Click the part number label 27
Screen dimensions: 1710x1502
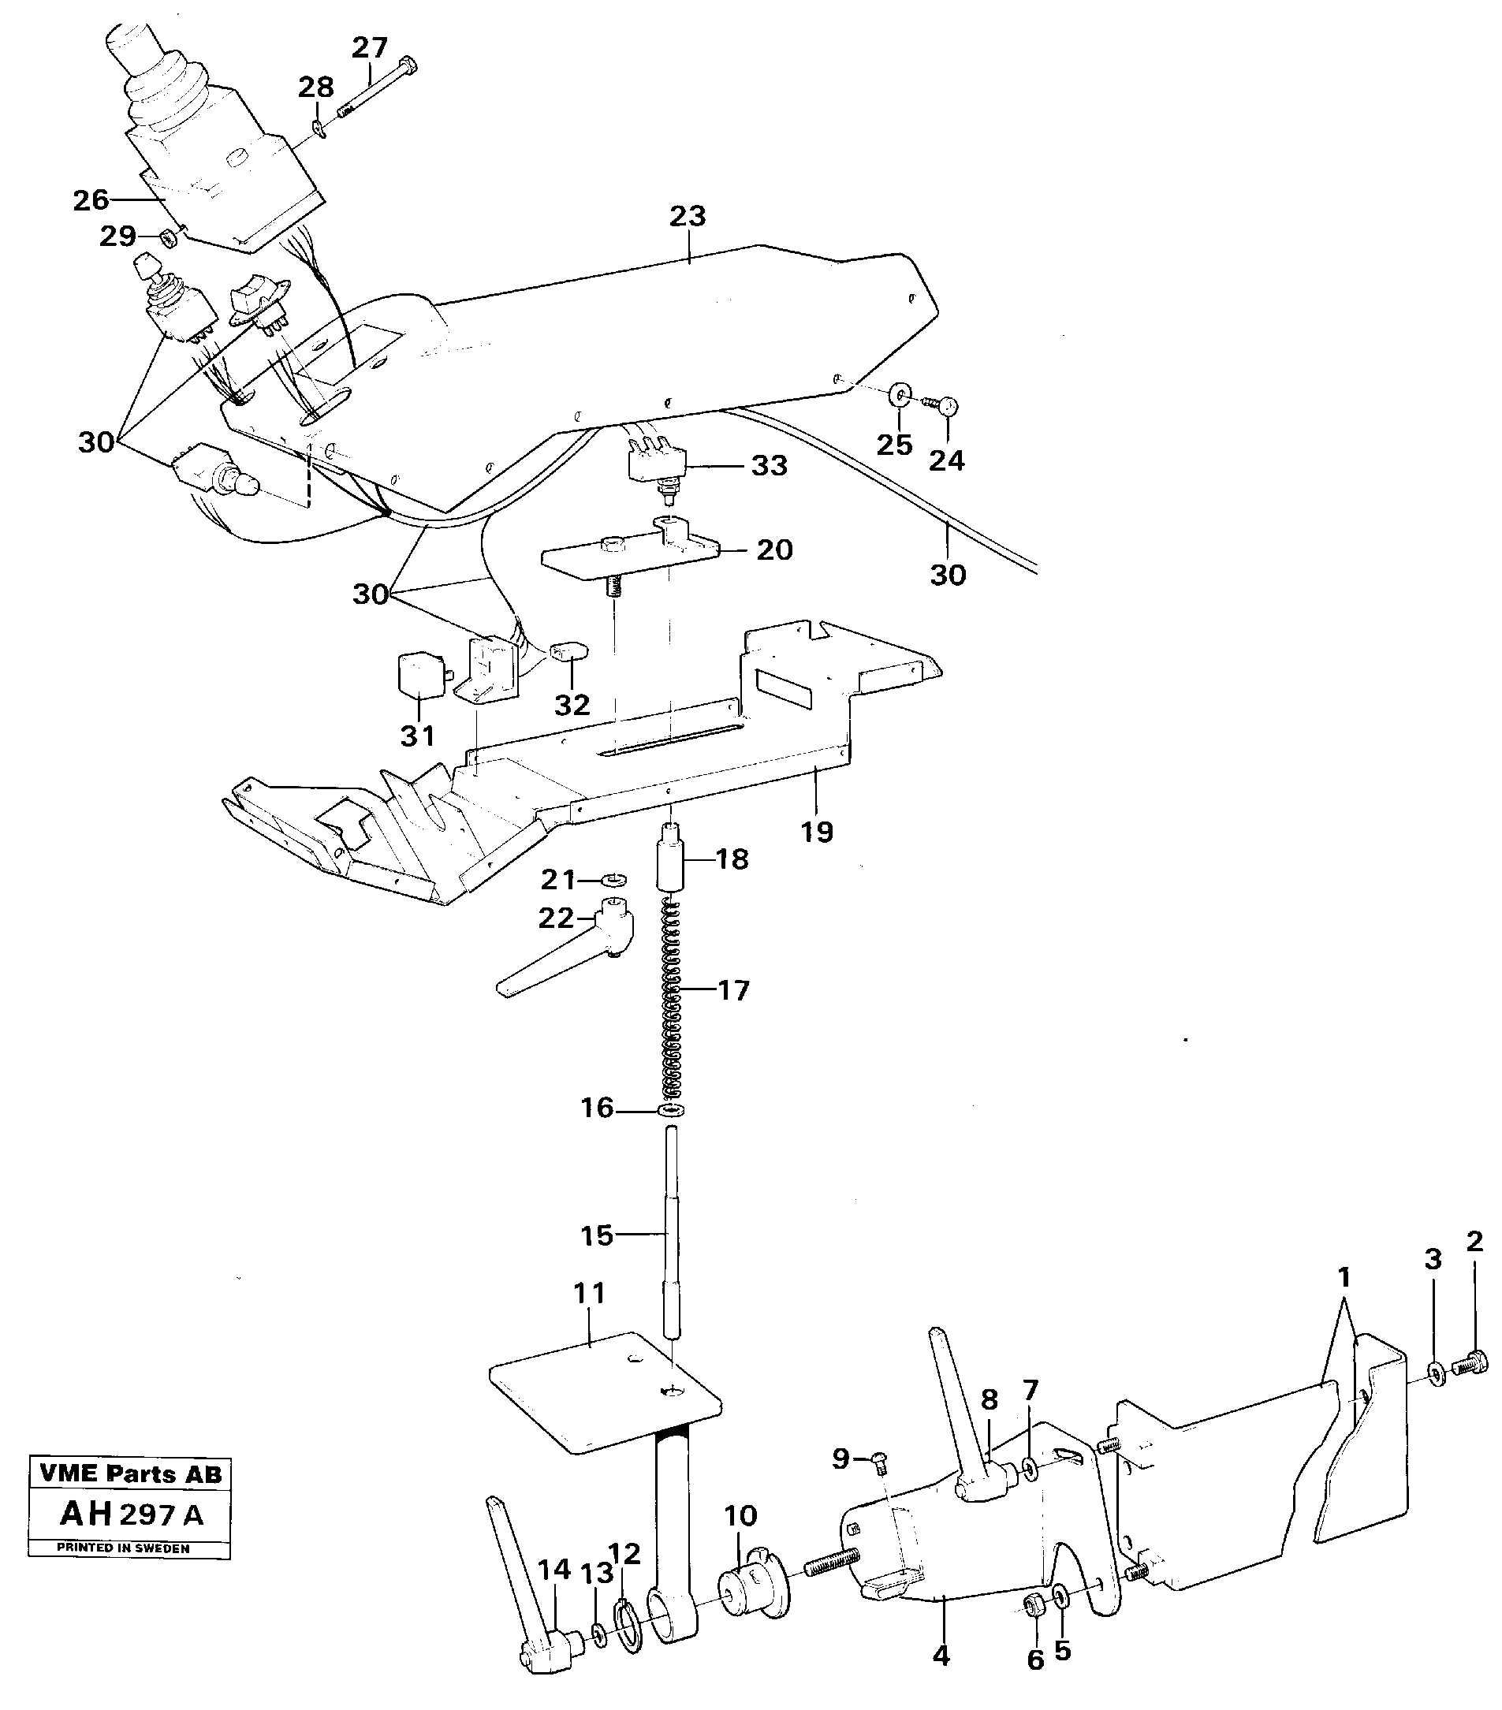369,47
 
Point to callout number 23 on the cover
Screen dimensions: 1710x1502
687,216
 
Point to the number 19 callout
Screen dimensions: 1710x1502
817,832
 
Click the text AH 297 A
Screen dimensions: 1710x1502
132,1514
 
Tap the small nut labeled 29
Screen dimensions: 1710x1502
167,239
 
